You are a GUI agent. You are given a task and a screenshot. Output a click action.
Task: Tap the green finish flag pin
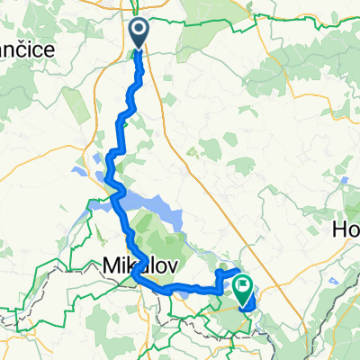click(x=243, y=287)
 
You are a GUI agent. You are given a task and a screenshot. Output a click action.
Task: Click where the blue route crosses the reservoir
click(x=117, y=194)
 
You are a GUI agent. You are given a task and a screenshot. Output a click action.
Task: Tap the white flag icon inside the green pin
click(x=243, y=285)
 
